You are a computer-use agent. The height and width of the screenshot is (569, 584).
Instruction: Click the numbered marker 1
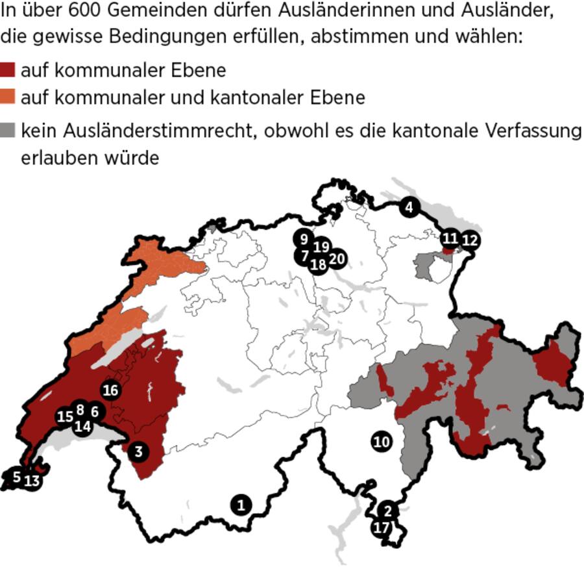241,504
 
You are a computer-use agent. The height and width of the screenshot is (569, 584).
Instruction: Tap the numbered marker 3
138,451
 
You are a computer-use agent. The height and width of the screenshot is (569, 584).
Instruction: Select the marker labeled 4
409,208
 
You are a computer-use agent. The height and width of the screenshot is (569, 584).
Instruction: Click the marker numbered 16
110,390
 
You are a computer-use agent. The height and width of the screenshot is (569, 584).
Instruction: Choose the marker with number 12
470,240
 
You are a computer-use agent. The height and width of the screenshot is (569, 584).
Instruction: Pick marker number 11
450,238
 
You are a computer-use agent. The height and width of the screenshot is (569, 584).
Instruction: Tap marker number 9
303,238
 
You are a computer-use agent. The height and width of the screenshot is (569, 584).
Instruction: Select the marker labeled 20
337,258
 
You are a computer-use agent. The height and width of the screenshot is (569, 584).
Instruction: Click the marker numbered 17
382,528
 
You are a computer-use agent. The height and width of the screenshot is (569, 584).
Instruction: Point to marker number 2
387,511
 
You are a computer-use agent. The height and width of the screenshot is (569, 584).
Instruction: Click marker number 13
31,481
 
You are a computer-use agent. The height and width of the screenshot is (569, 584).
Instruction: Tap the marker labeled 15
65,416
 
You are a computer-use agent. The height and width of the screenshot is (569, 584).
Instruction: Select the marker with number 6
95,411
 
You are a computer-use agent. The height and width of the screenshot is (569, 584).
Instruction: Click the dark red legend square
8,70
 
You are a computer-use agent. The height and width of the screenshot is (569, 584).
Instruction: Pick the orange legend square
8,97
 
